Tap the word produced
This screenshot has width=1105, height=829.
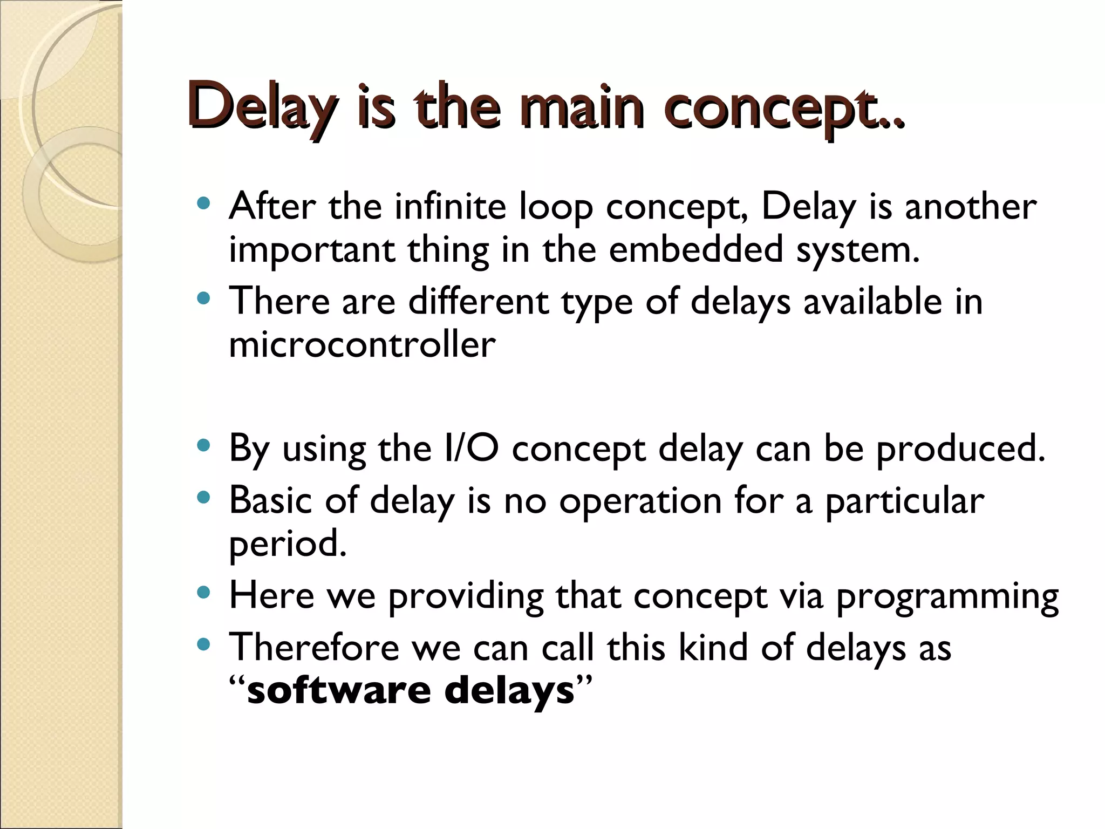click(960, 449)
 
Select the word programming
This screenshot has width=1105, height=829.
click(947, 596)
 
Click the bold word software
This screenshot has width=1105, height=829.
click(339, 690)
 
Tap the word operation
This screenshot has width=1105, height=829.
click(640, 501)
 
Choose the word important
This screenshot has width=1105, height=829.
click(311, 250)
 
